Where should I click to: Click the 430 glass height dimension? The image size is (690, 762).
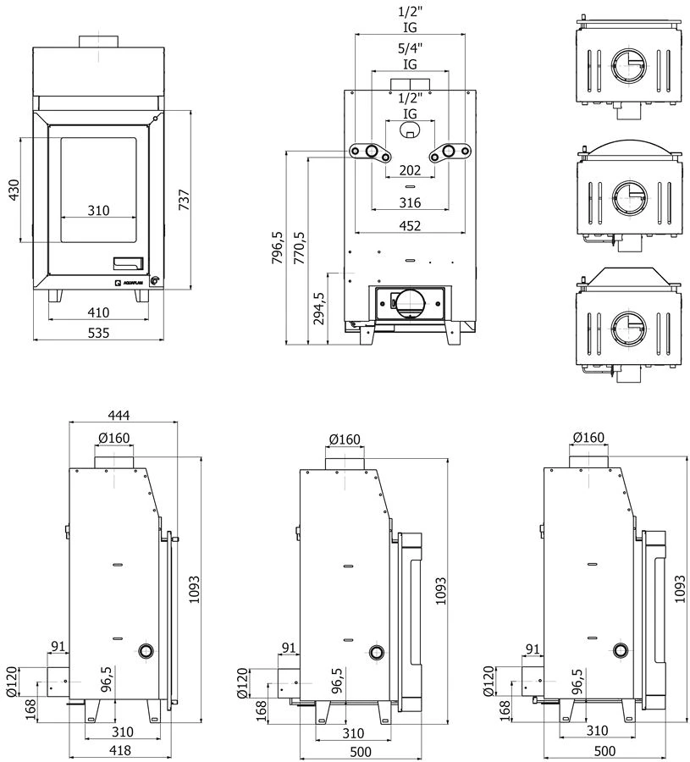pyautogui.click(x=13, y=190)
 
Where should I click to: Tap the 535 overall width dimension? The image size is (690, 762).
pyautogui.click(x=99, y=333)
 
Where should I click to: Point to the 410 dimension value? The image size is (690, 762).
pyautogui.click(x=98, y=312)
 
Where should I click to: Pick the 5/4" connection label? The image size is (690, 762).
pyautogui.click(x=410, y=48)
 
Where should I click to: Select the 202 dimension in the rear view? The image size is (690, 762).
pyautogui.click(x=410, y=169)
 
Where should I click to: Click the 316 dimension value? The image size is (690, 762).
pyautogui.click(x=410, y=202)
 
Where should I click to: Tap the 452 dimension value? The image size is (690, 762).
pyautogui.click(x=410, y=224)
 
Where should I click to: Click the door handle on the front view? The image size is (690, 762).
pyautogui.click(x=129, y=261)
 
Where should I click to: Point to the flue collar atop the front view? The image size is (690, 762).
pyautogui.click(x=99, y=41)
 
